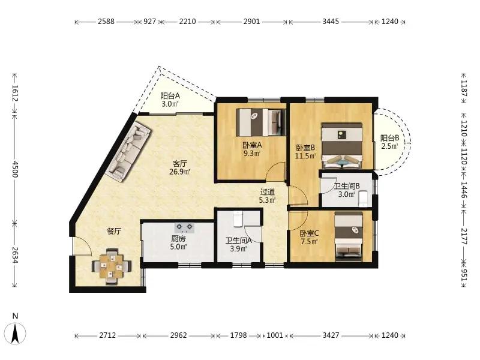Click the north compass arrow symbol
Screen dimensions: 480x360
point(14,334)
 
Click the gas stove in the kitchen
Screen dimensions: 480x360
point(184,227)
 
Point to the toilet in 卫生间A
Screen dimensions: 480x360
point(238,218)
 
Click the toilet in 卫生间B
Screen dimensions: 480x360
point(364,199)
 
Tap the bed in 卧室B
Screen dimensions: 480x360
point(341,145)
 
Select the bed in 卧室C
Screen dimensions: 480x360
point(349,236)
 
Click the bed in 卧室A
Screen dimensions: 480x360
point(261,122)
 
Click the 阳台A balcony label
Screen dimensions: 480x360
point(170,96)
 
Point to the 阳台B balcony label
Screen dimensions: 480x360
point(389,138)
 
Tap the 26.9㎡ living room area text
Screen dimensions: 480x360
point(180,172)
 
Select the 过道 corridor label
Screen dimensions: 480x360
point(267,192)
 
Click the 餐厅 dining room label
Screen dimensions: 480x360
point(114,231)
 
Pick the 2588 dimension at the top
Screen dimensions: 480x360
point(106,22)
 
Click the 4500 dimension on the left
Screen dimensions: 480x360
point(15,169)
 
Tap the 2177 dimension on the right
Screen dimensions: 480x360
point(464,236)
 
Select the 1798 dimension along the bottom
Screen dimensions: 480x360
point(238,335)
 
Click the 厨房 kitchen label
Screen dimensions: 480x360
point(178,238)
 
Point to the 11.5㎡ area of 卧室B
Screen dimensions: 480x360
point(305,156)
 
